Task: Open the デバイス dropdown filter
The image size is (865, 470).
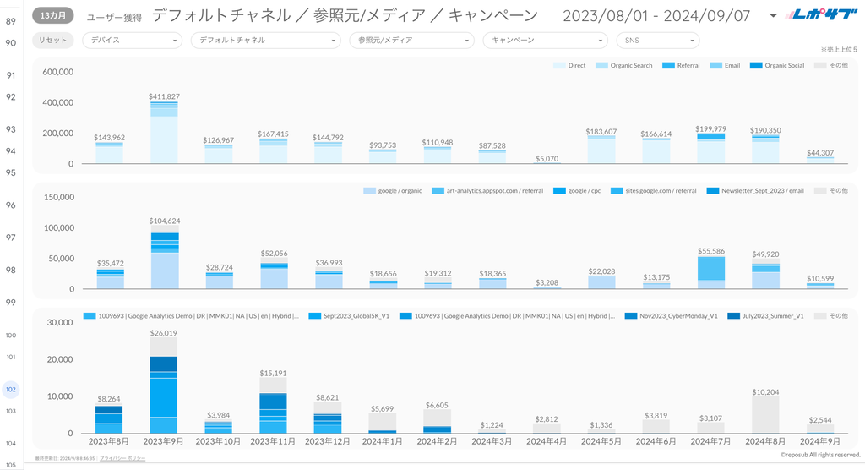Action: pyautogui.click(x=133, y=40)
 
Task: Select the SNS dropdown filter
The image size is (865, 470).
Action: pyautogui.click(x=657, y=40)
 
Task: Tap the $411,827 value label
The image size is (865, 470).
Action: pyautogui.click(x=164, y=97)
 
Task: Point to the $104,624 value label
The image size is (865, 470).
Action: pyautogui.click(x=164, y=221)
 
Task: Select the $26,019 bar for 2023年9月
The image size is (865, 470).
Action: pyautogui.click(x=164, y=385)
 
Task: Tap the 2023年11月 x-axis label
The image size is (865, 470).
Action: pyautogui.click(x=274, y=441)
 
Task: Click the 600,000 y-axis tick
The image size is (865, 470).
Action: pyautogui.click(x=58, y=73)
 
